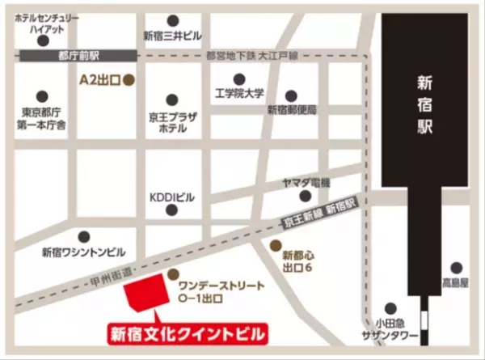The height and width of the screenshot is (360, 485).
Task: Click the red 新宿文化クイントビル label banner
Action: (x=187, y=332)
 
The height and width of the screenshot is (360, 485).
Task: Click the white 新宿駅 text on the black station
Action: (x=426, y=104)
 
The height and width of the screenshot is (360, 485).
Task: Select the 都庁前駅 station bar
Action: (x=78, y=55)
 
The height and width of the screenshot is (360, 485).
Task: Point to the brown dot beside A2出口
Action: (x=127, y=81)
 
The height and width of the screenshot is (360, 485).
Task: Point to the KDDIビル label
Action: (x=172, y=196)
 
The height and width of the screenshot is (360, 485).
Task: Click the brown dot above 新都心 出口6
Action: (x=276, y=244)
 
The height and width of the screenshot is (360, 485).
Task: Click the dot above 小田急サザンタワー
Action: (x=390, y=308)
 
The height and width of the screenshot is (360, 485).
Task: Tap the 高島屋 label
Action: (x=455, y=283)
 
